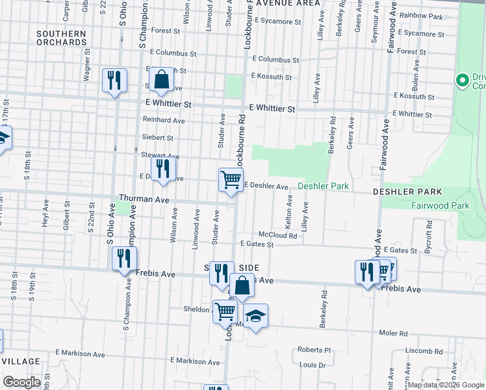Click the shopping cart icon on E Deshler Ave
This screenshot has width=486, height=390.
pyautogui.click(x=231, y=180)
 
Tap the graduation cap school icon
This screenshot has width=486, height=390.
pyautogui.click(x=256, y=316)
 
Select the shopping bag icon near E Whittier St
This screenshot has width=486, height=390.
pyautogui.click(x=161, y=80)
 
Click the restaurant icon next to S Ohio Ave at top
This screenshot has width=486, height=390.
pyautogui.click(x=115, y=81)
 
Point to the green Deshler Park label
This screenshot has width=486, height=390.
pyautogui.click(x=324, y=187)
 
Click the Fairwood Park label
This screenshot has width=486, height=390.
pyautogui.click(x=440, y=205)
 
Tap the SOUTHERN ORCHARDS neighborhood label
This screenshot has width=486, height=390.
pyautogui.click(x=61, y=38)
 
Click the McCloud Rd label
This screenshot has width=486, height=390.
pyautogui.click(x=277, y=235)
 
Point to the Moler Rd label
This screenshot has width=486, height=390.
pyautogui.click(x=394, y=333)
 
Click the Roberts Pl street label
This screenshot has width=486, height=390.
pyautogui.click(x=314, y=349)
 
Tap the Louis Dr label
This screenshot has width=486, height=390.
pyautogui.click(x=313, y=365)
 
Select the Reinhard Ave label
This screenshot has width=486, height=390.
pyautogui.click(x=164, y=120)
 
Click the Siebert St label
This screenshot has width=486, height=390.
pyautogui.click(x=157, y=138)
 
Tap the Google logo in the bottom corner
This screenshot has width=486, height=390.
pyautogui.click(x=21, y=382)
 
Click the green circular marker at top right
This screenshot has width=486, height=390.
pyautogui.click(x=462, y=81)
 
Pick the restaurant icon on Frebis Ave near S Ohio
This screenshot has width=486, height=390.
pyautogui.click(x=122, y=259)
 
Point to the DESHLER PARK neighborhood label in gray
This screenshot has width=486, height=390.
pyautogui.click(x=407, y=192)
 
